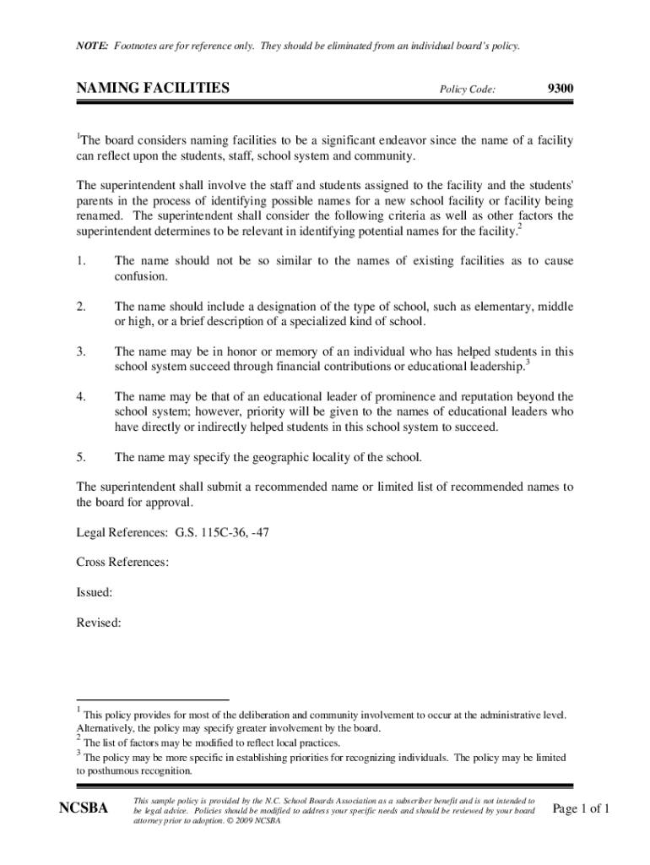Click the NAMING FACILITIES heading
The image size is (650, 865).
(153, 87)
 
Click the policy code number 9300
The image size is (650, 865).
(561, 87)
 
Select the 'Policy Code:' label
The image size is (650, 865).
(467, 89)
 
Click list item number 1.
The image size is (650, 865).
(81, 261)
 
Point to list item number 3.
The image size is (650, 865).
(81, 351)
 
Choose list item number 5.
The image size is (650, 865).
(81, 457)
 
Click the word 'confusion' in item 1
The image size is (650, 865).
(141, 276)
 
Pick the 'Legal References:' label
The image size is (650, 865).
(122, 533)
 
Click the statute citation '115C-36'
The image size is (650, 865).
(223, 533)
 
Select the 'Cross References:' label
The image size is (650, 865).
(122, 563)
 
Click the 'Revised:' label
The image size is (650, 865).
(99, 623)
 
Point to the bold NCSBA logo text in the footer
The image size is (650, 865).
(84, 810)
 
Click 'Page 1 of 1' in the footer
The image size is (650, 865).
(580, 809)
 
